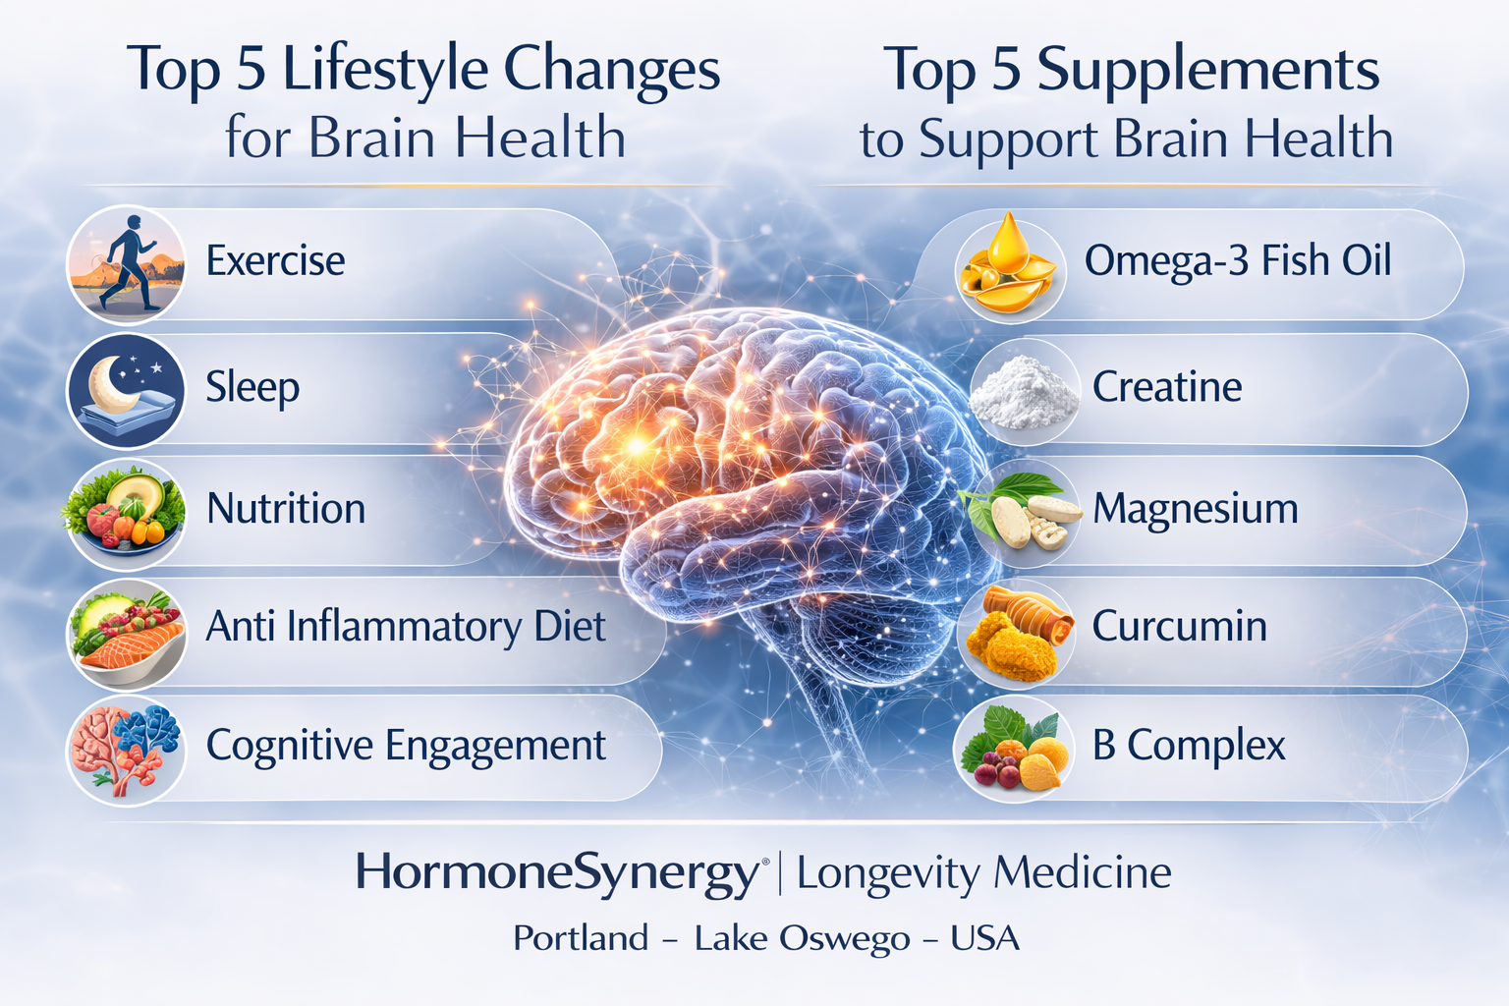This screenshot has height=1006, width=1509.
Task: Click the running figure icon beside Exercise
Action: pyautogui.click(x=125, y=264)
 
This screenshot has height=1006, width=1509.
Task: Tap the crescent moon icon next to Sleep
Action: pyautogui.click(x=125, y=390)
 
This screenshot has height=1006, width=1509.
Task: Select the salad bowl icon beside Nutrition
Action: pyautogui.click(x=125, y=513)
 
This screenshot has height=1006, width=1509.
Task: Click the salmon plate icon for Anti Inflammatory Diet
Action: pyautogui.click(x=125, y=632)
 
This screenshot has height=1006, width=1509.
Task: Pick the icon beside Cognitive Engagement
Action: pyautogui.click(x=125, y=749)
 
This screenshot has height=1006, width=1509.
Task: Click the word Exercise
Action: pyautogui.click(x=275, y=261)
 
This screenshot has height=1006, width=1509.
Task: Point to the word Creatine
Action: pyautogui.click(x=1167, y=387)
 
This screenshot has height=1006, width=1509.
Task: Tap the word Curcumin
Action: pyautogui.click(x=1179, y=627)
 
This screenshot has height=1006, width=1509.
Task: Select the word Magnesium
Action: pyautogui.click(x=1195, y=509)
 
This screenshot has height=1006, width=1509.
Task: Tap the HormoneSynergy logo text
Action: pyautogui.click(x=557, y=872)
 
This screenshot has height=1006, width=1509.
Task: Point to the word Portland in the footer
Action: pyautogui.click(x=581, y=938)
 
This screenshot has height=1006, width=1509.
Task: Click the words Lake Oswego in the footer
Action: pyautogui.click(x=802, y=938)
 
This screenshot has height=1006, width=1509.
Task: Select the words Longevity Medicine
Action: pyautogui.click(x=983, y=872)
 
